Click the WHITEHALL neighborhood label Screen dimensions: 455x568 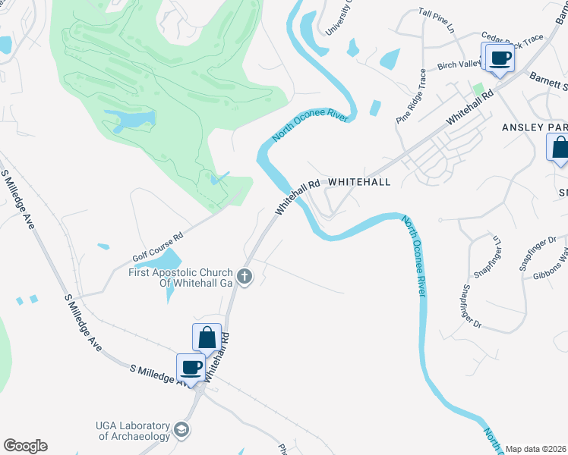point(359,182)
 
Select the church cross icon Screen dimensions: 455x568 point(244,277)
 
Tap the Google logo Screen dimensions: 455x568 point(25,446)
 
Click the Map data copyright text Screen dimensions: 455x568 point(535,449)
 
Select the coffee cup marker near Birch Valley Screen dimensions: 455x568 point(499,58)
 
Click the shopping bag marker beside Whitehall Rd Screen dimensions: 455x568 point(207,337)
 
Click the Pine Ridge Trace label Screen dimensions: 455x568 point(412,96)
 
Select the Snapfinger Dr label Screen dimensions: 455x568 point(472,306)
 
